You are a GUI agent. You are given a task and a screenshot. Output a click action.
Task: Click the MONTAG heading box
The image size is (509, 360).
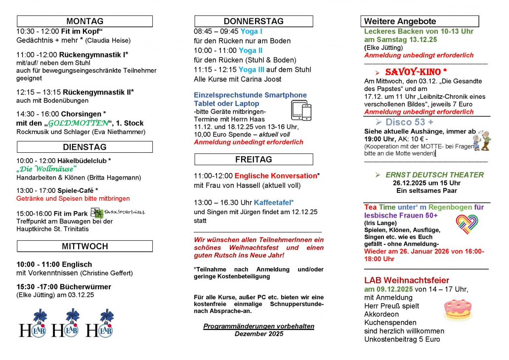(85, 21)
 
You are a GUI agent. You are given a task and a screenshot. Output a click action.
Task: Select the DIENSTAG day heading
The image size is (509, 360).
(85, 147)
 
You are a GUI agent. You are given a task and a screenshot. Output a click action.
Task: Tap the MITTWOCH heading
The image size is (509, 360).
(85, 246)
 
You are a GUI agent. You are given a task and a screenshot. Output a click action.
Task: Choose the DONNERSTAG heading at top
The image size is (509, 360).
(254, 21)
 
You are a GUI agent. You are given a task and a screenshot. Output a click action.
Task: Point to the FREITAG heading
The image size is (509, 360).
(254, 159)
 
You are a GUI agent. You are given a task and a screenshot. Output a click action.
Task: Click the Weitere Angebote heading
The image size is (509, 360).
(421, 21)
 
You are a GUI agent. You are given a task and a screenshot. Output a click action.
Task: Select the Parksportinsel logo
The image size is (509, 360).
(118, 213)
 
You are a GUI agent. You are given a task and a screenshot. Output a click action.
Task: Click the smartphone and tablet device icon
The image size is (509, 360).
(301, 110)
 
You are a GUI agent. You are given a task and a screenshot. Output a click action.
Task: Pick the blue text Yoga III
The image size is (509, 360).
(251, 70)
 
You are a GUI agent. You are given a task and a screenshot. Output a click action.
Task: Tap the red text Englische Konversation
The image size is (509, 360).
(275, 176)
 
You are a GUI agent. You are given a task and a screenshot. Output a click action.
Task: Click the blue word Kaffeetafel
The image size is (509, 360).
(274, 202)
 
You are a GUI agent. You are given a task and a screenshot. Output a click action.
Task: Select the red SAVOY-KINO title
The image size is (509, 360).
(416, 72)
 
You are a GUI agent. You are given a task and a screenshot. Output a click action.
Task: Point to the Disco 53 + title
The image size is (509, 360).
(409, 122)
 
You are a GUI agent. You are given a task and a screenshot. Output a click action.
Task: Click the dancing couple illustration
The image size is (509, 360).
(482, 140)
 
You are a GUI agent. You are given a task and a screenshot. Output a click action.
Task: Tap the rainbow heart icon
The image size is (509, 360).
(467, 224)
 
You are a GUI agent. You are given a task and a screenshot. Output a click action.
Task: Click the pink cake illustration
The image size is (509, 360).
(458, 309)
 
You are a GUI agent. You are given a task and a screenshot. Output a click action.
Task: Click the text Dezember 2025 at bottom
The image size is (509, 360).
(258, 334)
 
